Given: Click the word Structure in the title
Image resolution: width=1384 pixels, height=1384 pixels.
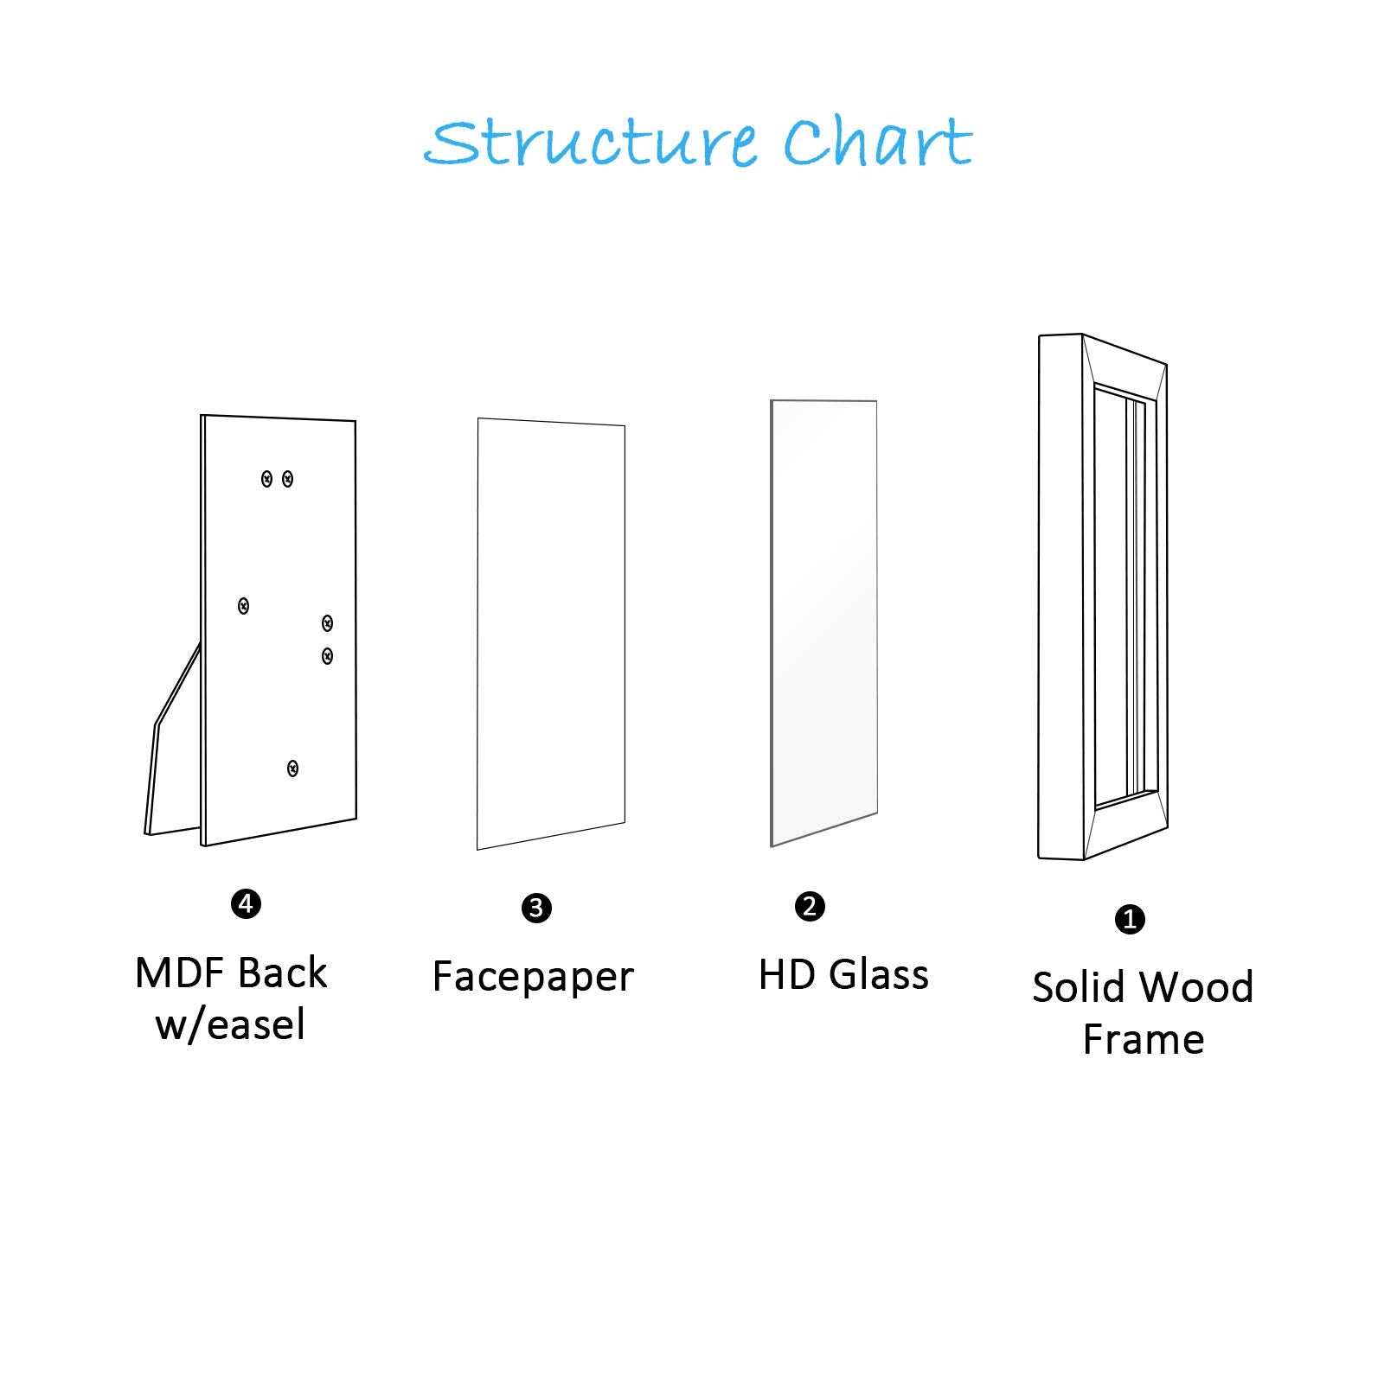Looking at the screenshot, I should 592,144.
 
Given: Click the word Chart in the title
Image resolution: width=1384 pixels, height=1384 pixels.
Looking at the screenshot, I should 877,144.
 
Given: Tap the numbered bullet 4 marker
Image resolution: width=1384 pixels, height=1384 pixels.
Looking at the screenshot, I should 247,904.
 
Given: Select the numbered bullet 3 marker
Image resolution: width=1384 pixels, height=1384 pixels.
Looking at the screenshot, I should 536,909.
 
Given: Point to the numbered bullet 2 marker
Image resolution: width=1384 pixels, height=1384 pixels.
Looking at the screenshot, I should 810,907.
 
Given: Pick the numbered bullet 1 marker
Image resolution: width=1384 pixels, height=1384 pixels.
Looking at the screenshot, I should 1130,919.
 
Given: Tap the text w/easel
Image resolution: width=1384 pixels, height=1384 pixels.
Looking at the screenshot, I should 230,1025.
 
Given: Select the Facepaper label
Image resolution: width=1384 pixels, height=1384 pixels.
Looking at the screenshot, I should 533,978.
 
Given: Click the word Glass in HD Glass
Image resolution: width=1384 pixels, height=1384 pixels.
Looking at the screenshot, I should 879,975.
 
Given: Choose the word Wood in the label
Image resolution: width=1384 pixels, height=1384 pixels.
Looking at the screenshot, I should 1198,987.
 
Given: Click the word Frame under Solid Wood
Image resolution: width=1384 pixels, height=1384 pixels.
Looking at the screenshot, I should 1143,1040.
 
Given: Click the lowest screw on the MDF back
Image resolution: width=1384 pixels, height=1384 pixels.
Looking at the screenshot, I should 293,769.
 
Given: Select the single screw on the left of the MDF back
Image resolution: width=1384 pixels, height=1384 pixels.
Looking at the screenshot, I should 244,606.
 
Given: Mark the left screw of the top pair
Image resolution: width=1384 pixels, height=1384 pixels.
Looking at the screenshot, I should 267,479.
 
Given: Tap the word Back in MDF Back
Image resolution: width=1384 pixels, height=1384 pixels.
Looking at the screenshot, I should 282,973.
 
